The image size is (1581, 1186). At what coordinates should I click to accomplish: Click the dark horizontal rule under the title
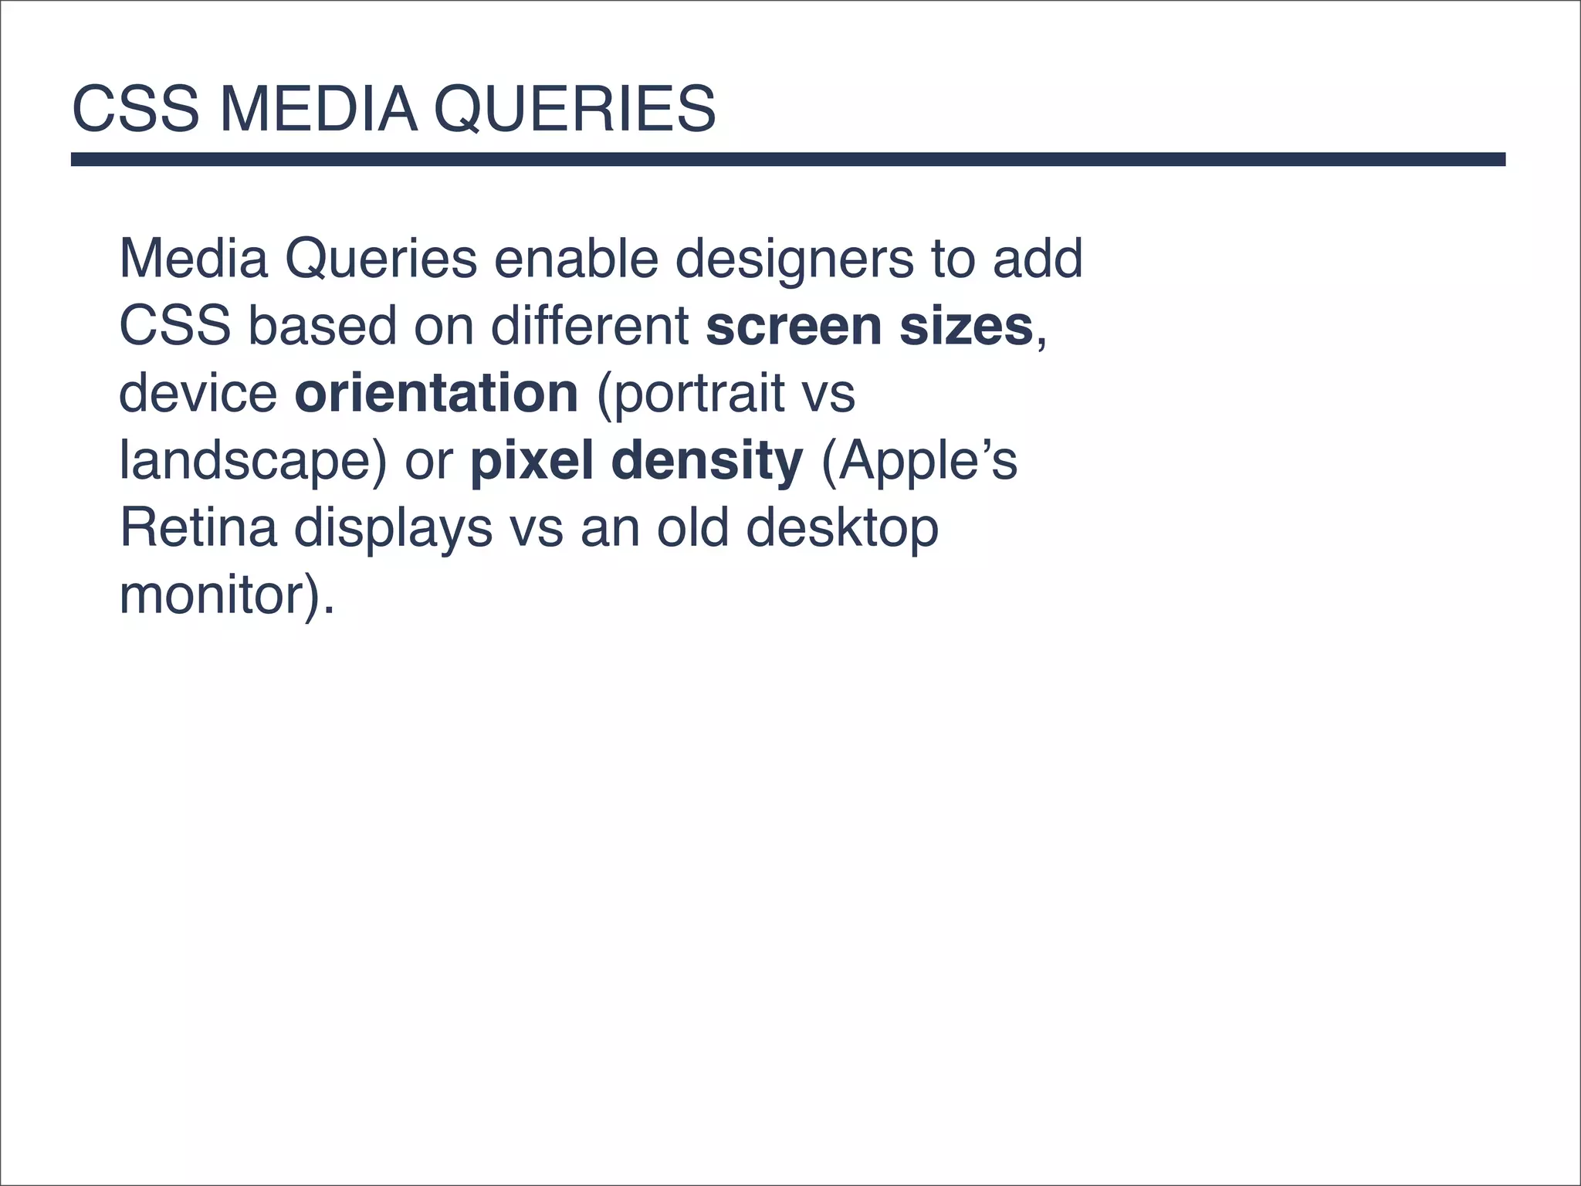(787, 159)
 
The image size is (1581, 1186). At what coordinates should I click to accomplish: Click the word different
(590, 326)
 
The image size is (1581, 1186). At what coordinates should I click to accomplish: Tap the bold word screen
(794, 326)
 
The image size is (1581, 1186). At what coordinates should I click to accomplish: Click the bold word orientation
(436, 393)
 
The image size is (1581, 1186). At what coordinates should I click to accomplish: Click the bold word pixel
(532, 461)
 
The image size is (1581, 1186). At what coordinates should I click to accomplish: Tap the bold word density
(707, 461)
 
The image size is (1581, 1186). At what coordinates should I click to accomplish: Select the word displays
(393, 528)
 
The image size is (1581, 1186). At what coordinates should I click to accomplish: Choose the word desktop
(841, 528)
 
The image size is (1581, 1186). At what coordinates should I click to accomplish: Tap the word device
(198, 393)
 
